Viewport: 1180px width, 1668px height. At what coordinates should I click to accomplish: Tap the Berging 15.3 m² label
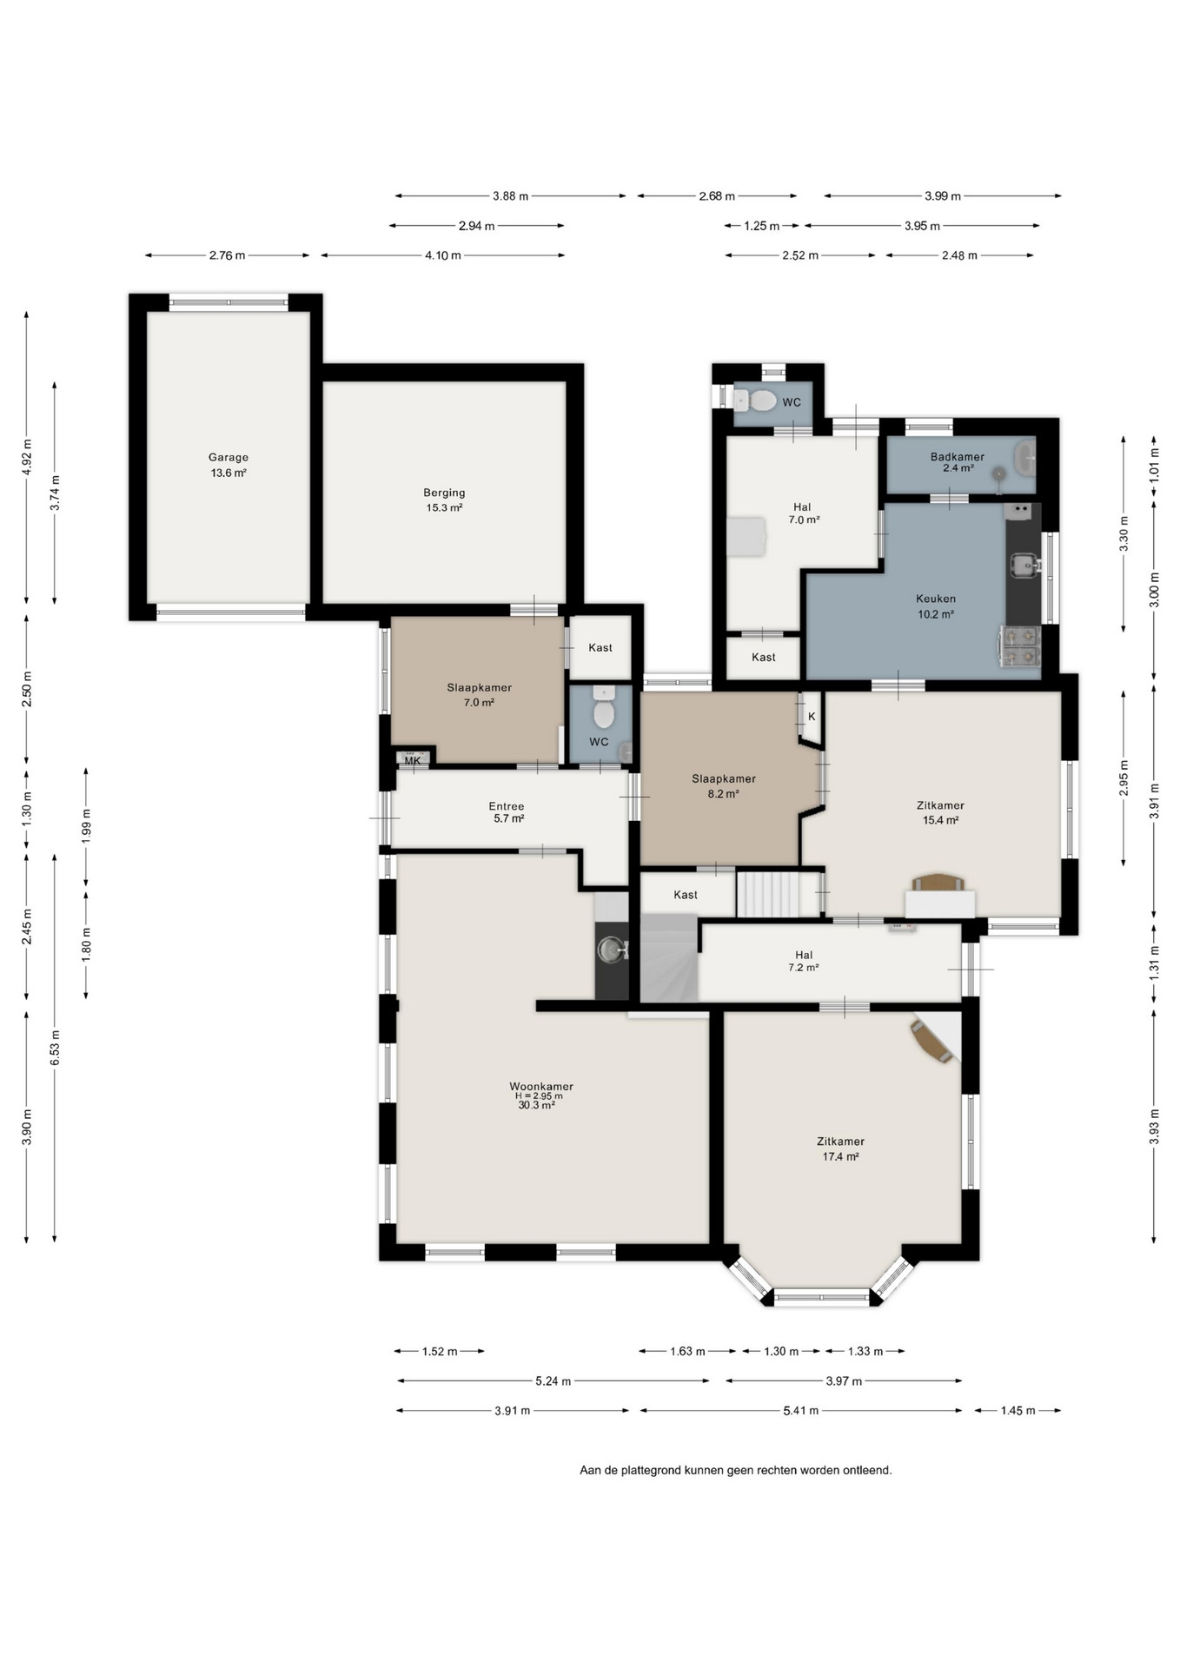[444, 500]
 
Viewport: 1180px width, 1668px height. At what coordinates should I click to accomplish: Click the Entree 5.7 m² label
[507, 812]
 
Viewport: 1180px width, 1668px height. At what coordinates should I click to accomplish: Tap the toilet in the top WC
[755, 400]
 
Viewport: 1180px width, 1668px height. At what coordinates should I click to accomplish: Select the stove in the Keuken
[1020, 645]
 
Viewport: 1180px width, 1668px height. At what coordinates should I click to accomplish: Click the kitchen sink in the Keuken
[1025, 566]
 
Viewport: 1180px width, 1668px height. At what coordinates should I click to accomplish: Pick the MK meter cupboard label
[413, 761]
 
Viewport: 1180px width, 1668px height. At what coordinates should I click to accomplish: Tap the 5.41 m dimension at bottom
[800, 1410]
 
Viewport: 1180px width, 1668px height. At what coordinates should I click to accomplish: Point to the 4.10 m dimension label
[443, 255]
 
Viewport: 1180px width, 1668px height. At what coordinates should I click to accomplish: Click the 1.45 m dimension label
[1018, 1410]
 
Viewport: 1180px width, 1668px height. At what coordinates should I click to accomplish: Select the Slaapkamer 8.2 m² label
[724, 785]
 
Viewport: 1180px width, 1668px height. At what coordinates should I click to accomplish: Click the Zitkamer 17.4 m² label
[840, 1148]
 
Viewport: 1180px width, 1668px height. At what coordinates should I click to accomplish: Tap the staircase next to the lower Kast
[767, 894]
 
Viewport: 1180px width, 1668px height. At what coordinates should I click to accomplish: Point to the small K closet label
[812, 717]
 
